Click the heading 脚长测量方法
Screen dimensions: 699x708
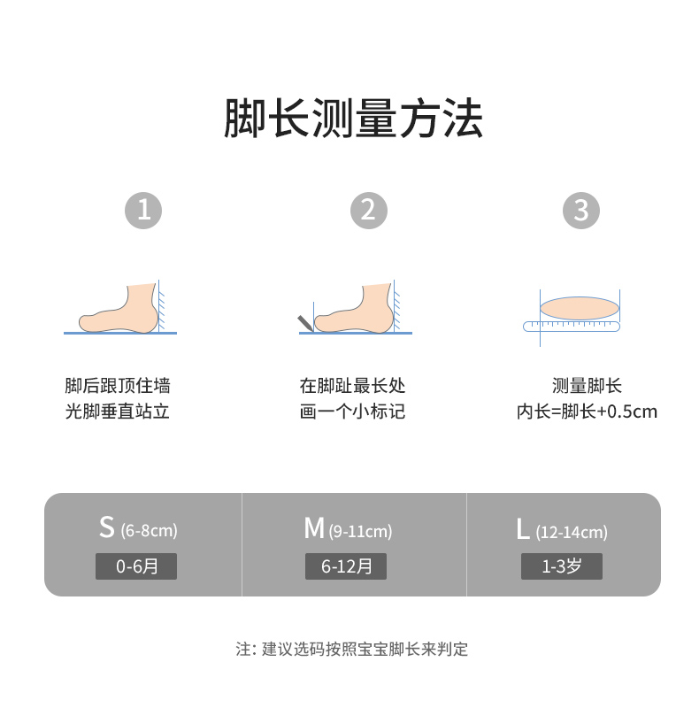[x=353, y=119]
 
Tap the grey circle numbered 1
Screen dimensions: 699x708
[x=143, y=211]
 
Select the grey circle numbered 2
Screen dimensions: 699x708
[x=369, y=211]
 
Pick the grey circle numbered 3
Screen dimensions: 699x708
[x=581, y=211]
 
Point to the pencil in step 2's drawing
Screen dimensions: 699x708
[x=305, y=322]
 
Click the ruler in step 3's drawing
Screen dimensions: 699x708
[x=572, y=327]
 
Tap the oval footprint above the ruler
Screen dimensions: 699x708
[x=579, y=307]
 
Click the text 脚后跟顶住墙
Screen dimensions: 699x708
[x=118, y=386]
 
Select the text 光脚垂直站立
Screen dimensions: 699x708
[x=118, y=412]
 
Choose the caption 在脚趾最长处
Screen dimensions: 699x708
[x=352, y=386]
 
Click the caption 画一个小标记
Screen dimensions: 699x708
[x=352, y=412]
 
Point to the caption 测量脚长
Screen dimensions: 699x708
[x=587, y=386]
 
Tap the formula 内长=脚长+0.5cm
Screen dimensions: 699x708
[x=587, y=412]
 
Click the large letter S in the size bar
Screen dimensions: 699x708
[x=107, y=528]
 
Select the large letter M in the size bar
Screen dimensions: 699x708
[x=313, y=528]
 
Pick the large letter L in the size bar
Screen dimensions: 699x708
[x=523, y=529]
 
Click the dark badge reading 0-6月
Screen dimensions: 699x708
[x=136, y=566]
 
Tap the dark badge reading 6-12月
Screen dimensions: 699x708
[x=346, y=566]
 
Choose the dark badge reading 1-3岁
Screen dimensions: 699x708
[x=562, y=566]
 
